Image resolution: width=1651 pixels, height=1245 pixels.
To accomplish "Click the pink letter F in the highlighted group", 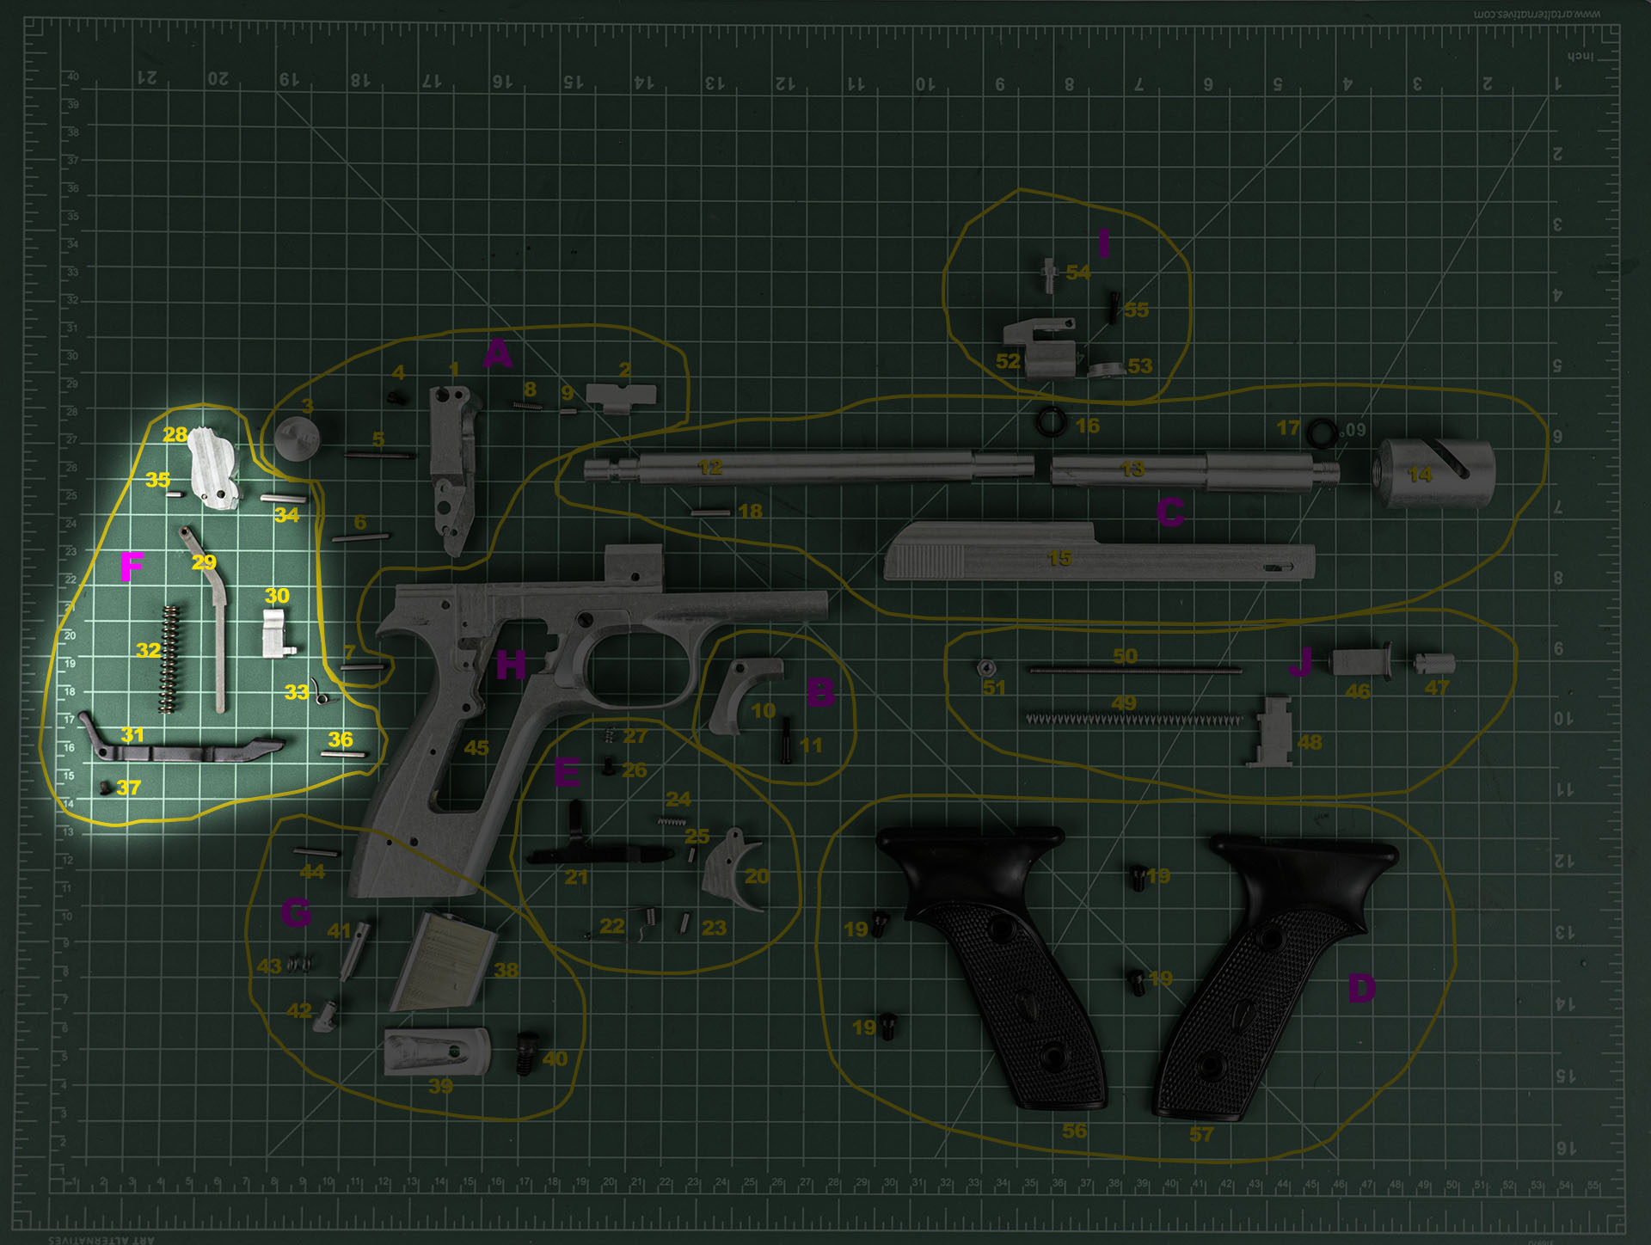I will tap(132, 567).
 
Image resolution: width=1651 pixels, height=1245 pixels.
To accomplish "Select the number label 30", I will tap(277, 596).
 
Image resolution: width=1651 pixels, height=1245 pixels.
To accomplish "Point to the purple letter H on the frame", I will tap(511, 665).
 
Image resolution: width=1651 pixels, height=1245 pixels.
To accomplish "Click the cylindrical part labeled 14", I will tap(1436, 472).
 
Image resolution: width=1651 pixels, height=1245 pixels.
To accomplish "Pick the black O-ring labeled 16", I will tap(1052, 421).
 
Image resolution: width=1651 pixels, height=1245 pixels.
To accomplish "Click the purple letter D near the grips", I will tap(1361, 988).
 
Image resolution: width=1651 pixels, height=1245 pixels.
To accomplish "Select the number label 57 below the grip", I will tap(1201, 1134).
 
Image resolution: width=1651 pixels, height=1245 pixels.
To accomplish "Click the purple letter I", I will tap(1104, 244).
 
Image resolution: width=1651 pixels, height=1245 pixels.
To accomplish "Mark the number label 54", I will tap(1078, 273).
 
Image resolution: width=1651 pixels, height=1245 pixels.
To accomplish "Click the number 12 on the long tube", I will tap(710, 467).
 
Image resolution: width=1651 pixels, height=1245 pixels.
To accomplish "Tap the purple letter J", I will tap(1300, 663).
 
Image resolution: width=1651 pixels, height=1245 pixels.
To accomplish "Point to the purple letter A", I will tap(497, 353).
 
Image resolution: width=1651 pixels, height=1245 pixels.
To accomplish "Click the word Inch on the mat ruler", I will tap(1580, 57).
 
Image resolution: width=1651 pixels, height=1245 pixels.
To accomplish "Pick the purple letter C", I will tap(1170, 512).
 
